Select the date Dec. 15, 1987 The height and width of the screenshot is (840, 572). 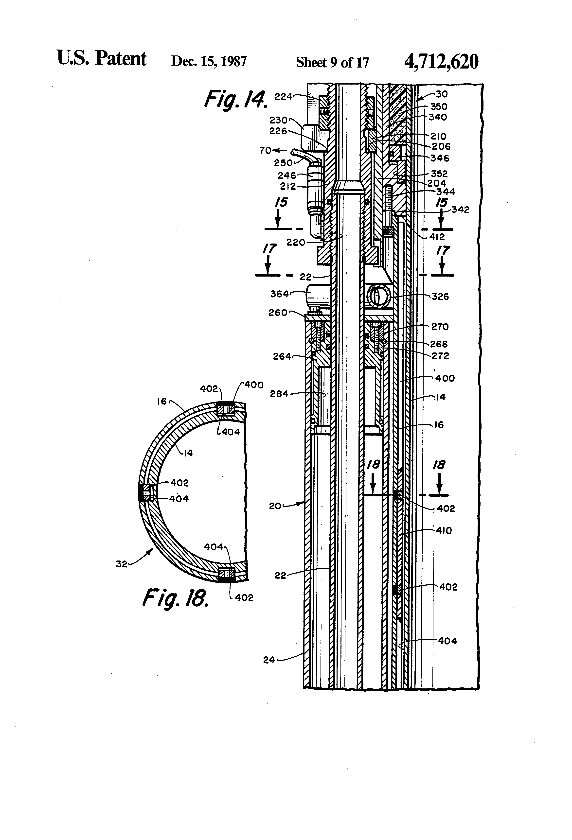click(209, 61)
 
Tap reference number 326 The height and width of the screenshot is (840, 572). click(440, 297)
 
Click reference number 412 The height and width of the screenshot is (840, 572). click(437, 237)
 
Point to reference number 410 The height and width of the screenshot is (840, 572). click(444, 531)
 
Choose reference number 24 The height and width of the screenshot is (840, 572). click(269, 660)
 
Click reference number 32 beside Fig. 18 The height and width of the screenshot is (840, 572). click(122, 564)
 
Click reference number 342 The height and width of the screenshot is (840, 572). click(460, 210)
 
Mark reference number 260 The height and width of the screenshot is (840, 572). click(277, 313)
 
